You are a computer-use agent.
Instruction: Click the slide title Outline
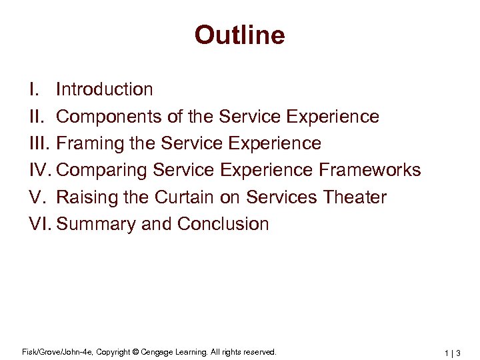pos(239,35)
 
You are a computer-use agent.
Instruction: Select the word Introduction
pos(105,89)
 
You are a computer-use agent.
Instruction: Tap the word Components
pos(105,117)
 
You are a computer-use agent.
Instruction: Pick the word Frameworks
pos(369,170)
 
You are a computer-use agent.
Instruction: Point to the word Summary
pos(97,224)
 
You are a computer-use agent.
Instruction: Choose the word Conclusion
pos(223,224)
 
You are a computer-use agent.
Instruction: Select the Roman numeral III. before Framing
pos(38,144)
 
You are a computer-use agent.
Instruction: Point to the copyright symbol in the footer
pos(135,351)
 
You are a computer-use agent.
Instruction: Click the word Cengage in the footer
pos(156,351)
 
